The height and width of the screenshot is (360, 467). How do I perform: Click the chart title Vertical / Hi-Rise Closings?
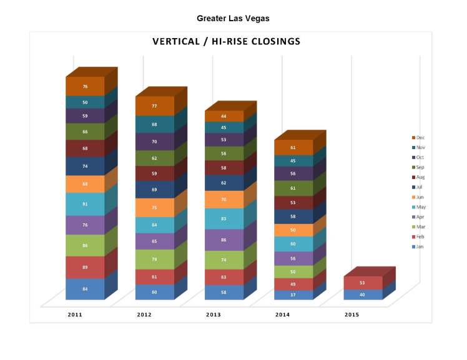point(226,42)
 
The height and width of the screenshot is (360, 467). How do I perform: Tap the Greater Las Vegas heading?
point(233,19)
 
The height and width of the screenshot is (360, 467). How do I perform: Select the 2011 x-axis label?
point(75,315)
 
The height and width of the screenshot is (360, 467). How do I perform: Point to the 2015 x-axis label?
point(351,315)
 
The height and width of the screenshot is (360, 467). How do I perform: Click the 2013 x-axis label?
point(214,315)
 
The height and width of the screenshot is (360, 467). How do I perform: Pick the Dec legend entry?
point(420,137)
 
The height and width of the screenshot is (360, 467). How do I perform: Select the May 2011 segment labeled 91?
point(85,204)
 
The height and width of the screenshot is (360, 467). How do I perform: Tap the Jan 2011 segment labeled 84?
point(85,289)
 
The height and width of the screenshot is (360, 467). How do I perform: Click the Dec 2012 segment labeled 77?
point(154,106)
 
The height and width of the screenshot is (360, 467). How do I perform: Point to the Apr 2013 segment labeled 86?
point(224,240)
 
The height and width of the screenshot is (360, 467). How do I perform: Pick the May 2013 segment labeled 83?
point(224,218)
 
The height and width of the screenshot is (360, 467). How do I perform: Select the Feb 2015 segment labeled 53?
point(362,283)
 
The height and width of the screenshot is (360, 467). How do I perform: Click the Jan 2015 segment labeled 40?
point(362,294)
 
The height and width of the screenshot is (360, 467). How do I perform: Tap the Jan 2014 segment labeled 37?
point(293,295)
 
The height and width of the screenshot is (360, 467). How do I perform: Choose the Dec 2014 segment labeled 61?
point(293,147)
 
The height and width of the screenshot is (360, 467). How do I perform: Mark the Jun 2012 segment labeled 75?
point(154,208)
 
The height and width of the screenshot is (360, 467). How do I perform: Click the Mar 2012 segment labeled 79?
point(154,259)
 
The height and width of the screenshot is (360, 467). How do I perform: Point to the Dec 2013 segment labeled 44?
point(224,116)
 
